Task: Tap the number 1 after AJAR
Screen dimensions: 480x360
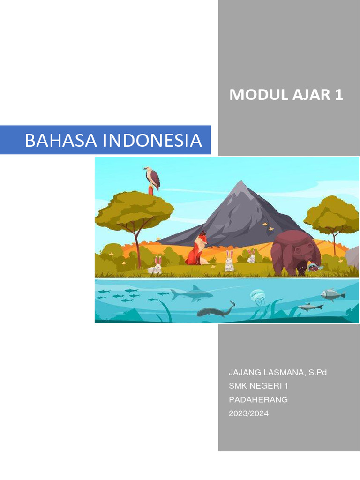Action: [x=338, y=95]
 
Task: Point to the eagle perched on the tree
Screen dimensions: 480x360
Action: [x=152, y=179]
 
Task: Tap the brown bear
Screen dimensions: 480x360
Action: [x=295, y=253]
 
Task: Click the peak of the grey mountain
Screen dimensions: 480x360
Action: [x=240, y=184]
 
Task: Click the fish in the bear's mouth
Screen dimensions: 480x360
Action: [x=314, y=268]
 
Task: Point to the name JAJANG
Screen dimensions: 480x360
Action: [x=243, y=373]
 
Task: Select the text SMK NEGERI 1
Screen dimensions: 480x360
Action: [x=259, y=386]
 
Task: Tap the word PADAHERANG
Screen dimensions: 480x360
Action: [x=258, y=400]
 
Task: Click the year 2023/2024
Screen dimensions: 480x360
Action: [x=248, y=413]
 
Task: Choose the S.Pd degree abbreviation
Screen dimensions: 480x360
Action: [x=318, y=373]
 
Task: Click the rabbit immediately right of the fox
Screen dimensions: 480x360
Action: [x=229, y=261]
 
